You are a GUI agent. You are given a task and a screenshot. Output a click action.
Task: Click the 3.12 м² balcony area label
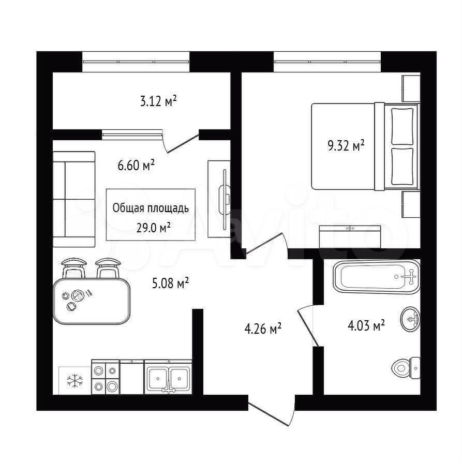(x=158, y=101)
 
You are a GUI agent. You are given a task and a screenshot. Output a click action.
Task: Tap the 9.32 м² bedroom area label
(x=346, y=145)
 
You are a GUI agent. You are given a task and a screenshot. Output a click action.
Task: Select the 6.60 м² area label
(x=136, y=165)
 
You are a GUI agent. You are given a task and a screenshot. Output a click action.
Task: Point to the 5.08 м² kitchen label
(x=170, y=283)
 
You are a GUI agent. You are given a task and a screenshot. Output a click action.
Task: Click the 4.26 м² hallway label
(x=263, y=328)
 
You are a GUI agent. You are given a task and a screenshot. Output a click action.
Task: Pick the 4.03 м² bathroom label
(x=366, y=325)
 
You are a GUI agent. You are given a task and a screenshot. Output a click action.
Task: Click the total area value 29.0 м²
(x=154, y=227)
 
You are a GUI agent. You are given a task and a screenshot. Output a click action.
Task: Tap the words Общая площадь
(x=151, y=208)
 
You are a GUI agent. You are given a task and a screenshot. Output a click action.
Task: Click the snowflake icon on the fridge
(x=75, y=380)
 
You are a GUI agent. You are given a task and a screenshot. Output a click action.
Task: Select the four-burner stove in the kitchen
(x=106, y=377)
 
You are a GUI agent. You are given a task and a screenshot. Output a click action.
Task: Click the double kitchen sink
(x=168, y=378)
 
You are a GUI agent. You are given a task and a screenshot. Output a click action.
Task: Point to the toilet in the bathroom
(x=406, y=368)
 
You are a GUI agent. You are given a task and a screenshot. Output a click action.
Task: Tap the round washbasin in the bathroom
(x=410, y=319)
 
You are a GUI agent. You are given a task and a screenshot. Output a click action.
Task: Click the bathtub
(x=376, y=277)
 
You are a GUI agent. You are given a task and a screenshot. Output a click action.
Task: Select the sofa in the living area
(x=74, y=199)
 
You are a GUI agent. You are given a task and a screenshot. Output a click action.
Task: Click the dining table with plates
(x=92, y=301)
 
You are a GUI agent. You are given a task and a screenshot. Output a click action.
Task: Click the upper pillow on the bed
(x=403, y=126)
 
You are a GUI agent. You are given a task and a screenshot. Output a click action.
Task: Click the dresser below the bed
(x=350, y=236)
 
